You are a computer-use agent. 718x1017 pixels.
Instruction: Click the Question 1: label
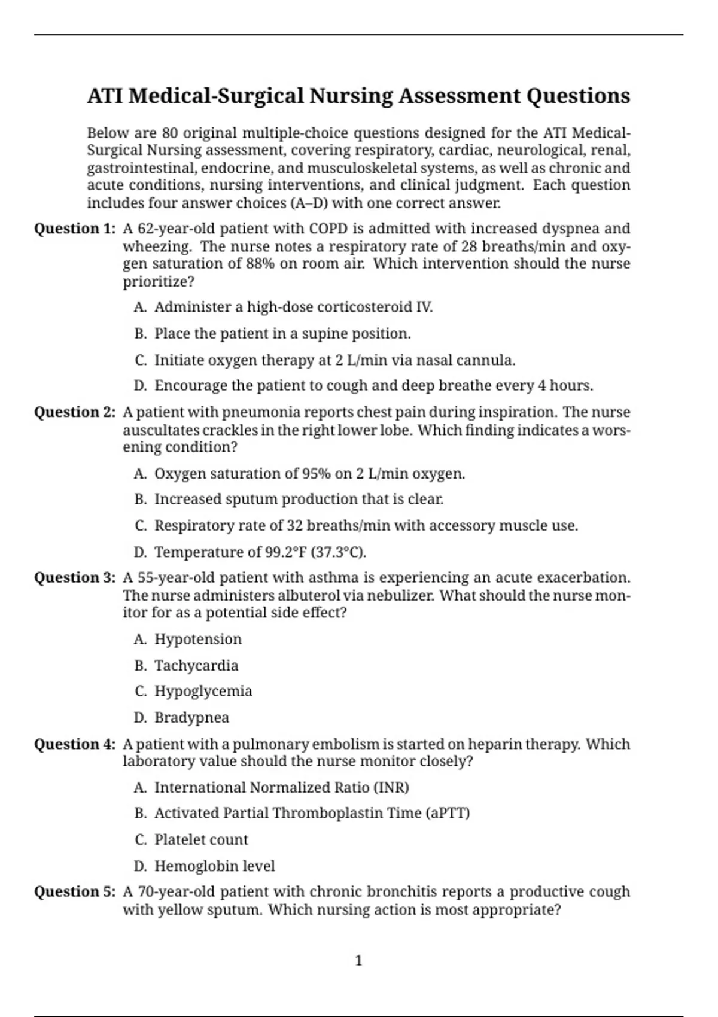click(x=75, y=229)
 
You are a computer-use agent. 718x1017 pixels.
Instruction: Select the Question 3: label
click(x=75, y=578)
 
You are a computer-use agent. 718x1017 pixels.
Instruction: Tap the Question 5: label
click(x=75, y=892)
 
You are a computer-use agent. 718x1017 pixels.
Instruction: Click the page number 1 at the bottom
click(x=359, y=961)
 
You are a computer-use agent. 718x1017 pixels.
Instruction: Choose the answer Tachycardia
click(x=196, y=665)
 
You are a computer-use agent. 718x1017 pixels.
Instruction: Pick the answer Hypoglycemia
click(x=203, y=691)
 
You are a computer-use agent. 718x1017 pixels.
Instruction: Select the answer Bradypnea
click(x=191, y=717)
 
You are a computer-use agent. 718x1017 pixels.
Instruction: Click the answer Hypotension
click(x=198, y=639)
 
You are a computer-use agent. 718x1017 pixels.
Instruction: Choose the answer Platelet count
click(x=201, y=839)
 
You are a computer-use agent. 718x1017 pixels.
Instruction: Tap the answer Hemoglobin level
click(x=215, y=866)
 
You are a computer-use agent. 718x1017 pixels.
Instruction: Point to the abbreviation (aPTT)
click(x=448, y=813)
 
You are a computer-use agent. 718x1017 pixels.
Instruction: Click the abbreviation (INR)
click(x=391, y=787)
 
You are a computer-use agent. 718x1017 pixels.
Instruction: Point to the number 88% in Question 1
click(x=260, y=264)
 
